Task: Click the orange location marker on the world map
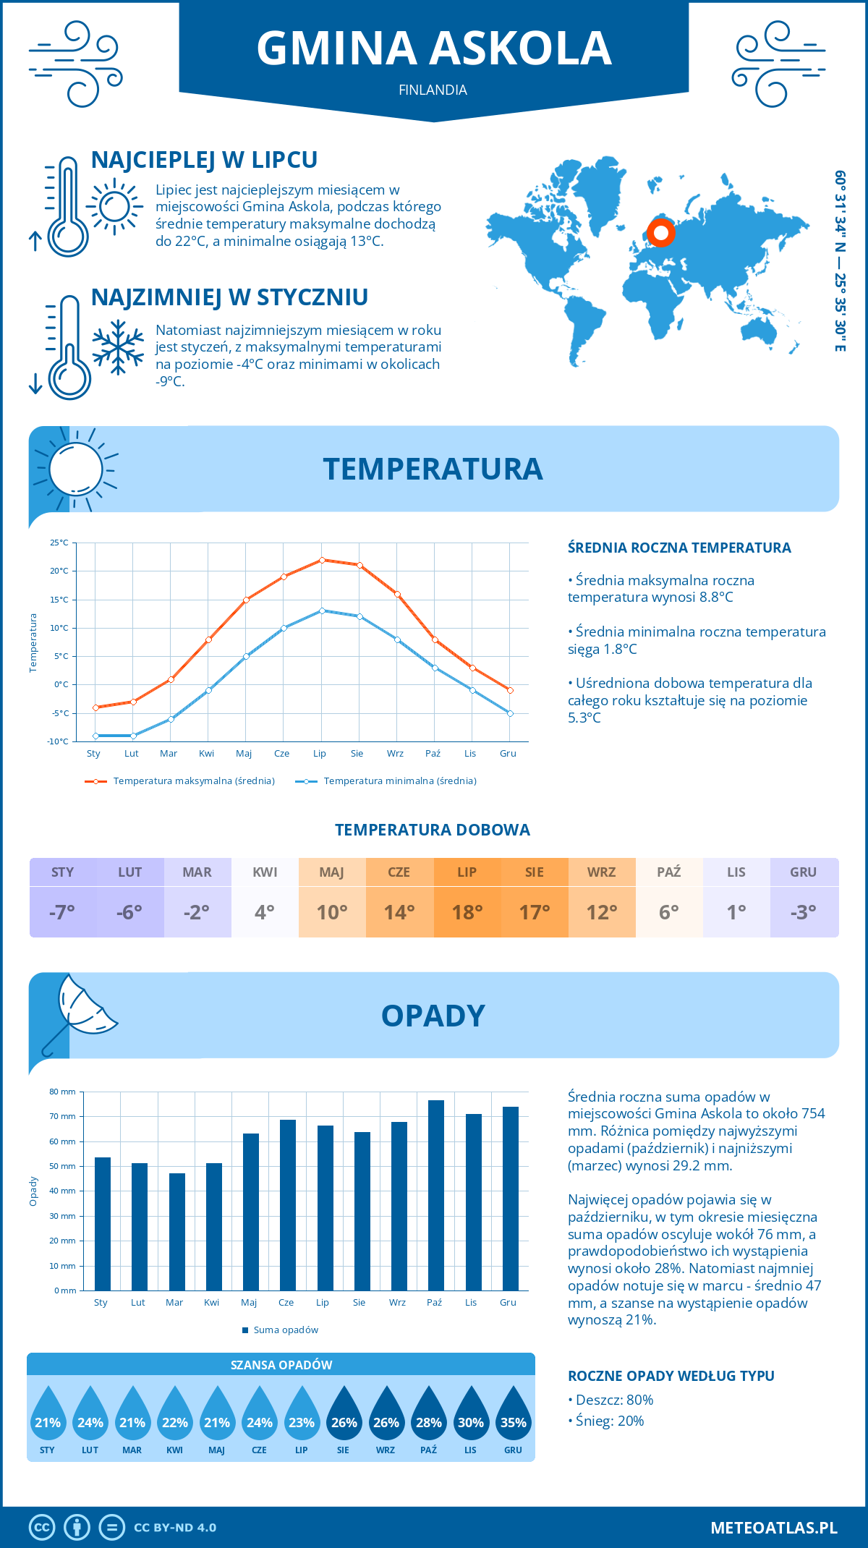pyautogui.click(x=660, y=233)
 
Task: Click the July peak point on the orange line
pyautogui.click(x=322, y=560)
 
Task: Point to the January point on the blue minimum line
pyautogui.click(x=95, y=736)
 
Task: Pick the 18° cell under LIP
pyautogui.click(x=467, y=912)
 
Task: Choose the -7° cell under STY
pyautogui.click(x=62, y=912)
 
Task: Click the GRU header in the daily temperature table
pyautogui.click(x=803, y=872)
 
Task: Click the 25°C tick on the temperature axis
pyautogui.click(x=59, y=543)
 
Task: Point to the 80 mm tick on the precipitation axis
pyautogui.click(x=63, y=1092)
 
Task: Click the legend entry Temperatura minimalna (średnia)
pyautogui.click(x=399, y=781)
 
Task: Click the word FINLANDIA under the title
pyautogui.click(x=433, y=90)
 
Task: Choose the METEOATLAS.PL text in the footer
pyautogui.click(x=773, y=1528)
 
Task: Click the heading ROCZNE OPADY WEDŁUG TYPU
pyautogui.click(x=671, y=1376)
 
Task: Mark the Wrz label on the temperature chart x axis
pyautogui.click(x=395, y=754)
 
